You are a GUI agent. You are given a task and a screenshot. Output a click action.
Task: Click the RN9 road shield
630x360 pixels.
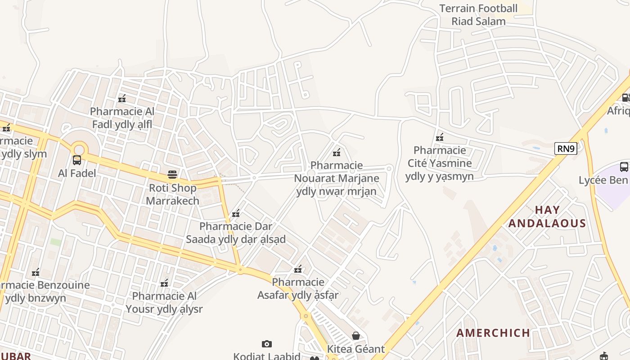click(x=566, y=148)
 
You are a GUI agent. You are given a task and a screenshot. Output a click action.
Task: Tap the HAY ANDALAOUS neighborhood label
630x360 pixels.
click(x=547, y=216)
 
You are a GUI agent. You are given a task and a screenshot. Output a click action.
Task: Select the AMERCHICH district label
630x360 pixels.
click(x=493, y=333)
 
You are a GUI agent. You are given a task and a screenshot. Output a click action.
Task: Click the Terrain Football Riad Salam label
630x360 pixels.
click(x=478, y=14)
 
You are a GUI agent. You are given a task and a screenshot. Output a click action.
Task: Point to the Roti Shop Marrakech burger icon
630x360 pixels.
click(x=172, y=174)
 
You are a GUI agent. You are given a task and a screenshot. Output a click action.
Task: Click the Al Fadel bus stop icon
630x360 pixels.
click(x=77, y=160)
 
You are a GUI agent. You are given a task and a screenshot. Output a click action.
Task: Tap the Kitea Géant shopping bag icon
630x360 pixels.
click(x=356, y=336)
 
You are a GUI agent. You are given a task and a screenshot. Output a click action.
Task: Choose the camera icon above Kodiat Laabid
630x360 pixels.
click(x=267, y=344)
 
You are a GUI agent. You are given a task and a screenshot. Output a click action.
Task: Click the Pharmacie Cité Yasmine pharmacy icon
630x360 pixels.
click(x=440, y=137)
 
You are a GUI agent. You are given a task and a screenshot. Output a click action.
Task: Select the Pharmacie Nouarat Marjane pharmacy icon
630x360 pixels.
click(x=336, y=152)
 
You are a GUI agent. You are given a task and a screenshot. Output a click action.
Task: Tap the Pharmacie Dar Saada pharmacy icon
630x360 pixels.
click(x=236, y=213)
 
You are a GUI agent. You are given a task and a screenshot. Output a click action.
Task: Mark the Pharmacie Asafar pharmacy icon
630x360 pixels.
click(x=298, y=269)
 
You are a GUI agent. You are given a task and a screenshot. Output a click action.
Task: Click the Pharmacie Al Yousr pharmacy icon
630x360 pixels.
click(x=164, y=283)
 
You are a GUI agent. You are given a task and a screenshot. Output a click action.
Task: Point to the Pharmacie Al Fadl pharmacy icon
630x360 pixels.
click(x=121, y=98)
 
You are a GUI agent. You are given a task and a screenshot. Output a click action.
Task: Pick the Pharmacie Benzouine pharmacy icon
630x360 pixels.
click(x=36, y=272)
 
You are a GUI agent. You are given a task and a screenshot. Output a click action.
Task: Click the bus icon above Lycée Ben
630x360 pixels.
click(x=624, y=167)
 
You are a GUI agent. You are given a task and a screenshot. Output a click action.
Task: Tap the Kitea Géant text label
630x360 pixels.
click(x=355, y=349)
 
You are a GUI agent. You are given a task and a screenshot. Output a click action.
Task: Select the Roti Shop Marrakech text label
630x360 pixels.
click(x=172, y=194)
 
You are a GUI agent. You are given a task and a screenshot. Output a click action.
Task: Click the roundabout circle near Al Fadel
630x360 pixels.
click(x=79, y=149)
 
